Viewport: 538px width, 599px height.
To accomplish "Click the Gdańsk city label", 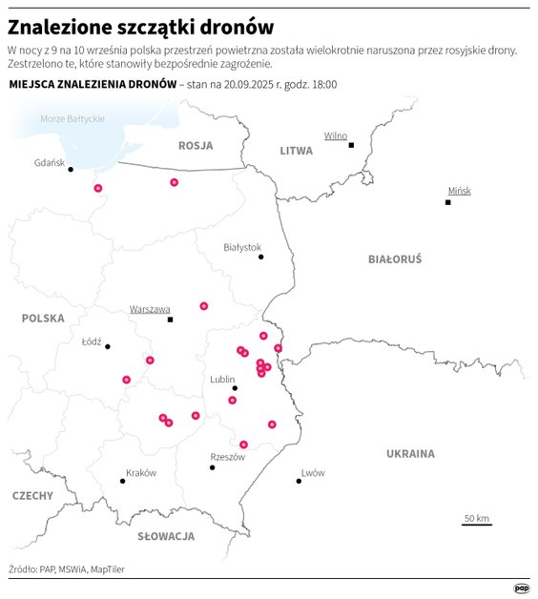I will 49,162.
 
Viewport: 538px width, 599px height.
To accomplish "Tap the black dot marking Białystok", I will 260,257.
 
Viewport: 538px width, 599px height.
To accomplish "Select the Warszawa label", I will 150,309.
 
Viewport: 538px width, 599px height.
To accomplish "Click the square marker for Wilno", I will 351,145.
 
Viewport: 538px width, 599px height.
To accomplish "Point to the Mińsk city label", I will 459,191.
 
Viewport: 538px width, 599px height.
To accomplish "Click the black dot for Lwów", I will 299,482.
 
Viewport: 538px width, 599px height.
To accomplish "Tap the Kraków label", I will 140,473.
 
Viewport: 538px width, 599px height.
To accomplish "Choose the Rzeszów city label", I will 227,457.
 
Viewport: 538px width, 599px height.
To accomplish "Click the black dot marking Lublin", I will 235,388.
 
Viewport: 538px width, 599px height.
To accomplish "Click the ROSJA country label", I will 195,145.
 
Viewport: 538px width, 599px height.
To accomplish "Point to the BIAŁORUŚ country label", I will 394,258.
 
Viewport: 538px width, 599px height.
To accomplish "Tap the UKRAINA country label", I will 410,454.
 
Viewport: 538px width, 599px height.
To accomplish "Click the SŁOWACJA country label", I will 166,536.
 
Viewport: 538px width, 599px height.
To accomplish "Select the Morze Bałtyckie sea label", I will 72,118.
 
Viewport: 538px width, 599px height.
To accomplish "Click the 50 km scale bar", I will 477,525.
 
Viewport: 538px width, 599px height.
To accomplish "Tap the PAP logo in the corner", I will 522,588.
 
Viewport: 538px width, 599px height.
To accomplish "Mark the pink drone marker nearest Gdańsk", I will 97,188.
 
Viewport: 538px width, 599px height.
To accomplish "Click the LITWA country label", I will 296,151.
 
